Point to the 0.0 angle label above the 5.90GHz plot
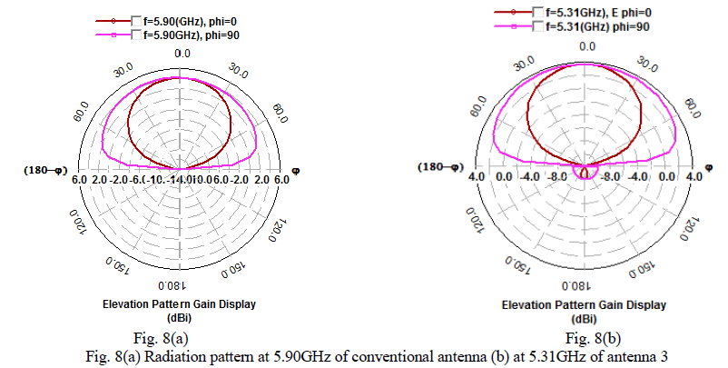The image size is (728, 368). point(182,54)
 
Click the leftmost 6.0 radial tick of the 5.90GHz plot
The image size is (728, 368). point(78,181)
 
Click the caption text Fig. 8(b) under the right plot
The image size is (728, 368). point(585,339)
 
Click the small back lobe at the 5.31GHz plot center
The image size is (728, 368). point(585,171)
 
